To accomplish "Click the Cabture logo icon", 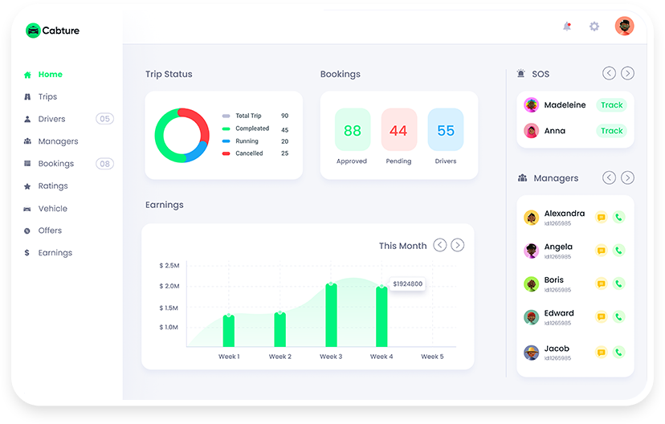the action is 33,31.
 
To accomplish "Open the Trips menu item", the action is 47,96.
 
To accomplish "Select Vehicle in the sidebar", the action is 52,209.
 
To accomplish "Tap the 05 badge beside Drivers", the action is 104,119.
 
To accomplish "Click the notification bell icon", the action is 567,26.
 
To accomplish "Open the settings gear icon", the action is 594,26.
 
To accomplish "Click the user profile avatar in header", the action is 624,26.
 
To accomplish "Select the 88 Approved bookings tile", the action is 353,130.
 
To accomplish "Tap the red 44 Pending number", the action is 398,131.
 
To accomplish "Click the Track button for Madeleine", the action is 611,104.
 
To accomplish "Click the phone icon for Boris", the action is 618,283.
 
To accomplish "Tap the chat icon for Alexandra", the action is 601,217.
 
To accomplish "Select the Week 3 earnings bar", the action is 331,315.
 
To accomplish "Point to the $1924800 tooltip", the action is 407,283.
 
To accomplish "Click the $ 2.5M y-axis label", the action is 169,266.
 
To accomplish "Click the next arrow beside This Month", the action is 457,245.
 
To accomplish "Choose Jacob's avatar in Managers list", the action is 531,352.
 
